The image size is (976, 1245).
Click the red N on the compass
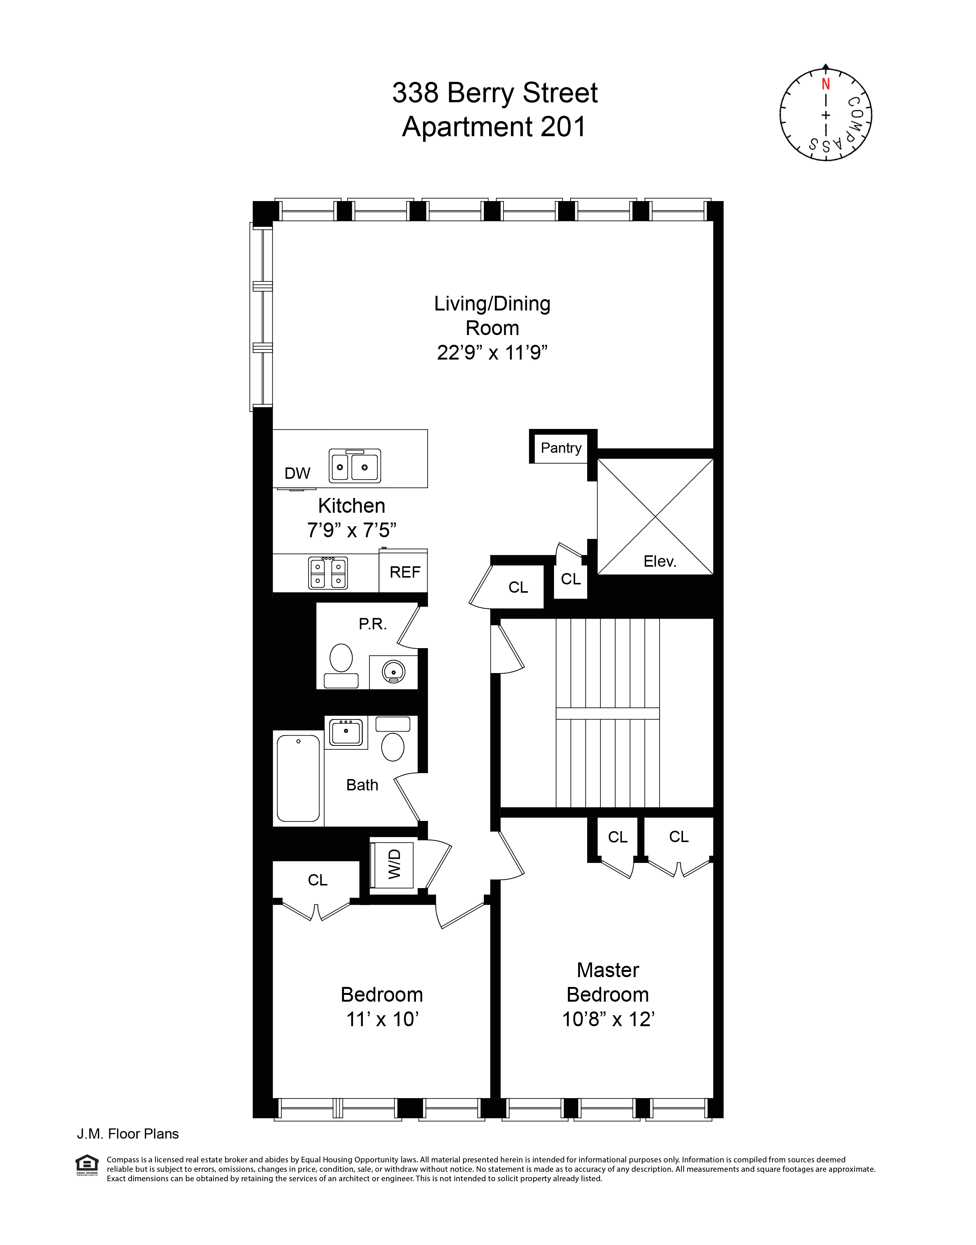pos(825,84)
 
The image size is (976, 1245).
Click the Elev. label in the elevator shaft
pos(660,561)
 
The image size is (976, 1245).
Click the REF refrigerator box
pos(405,572)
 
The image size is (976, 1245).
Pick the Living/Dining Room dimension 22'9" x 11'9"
pos(492,353)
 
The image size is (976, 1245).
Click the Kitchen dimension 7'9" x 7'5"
pos(351,530)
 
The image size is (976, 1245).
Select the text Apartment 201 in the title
pos(494,127)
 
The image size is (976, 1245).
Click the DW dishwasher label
pos(297,473)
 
